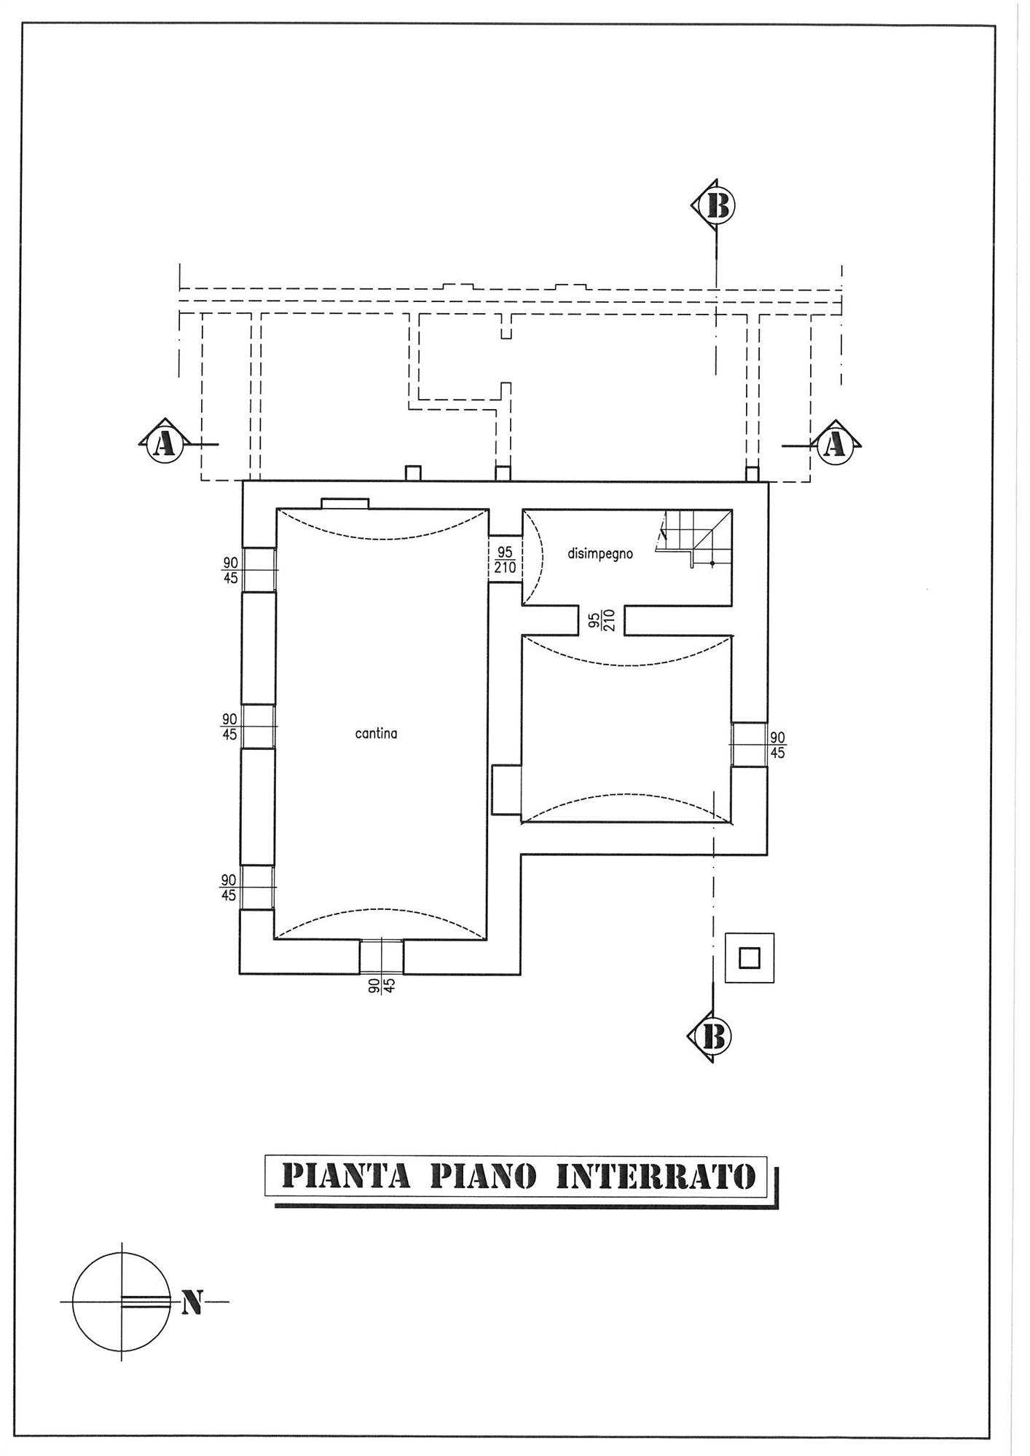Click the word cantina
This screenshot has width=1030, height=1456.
(x=376, y=734)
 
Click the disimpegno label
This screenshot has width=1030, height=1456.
(x=600, y=554)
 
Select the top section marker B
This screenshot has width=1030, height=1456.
(x=713, y=207)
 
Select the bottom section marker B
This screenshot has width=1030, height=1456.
(x=710, y=1036)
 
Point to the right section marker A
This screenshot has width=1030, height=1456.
(x=836, y=443)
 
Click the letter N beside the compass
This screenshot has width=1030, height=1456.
(x=192, y=1302)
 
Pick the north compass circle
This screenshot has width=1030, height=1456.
(x=122, y=1302)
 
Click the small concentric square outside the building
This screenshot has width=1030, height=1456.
(x=750, y=958)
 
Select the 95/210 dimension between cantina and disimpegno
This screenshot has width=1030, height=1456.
(x=505, y=561)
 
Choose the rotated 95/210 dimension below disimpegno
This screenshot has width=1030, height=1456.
(x=602, y=620)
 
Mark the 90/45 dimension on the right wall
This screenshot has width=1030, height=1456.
(x=777, y=745)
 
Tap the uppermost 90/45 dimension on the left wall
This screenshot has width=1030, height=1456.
(x=230, y=571)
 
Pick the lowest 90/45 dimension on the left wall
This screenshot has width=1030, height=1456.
(x=229, y=888)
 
